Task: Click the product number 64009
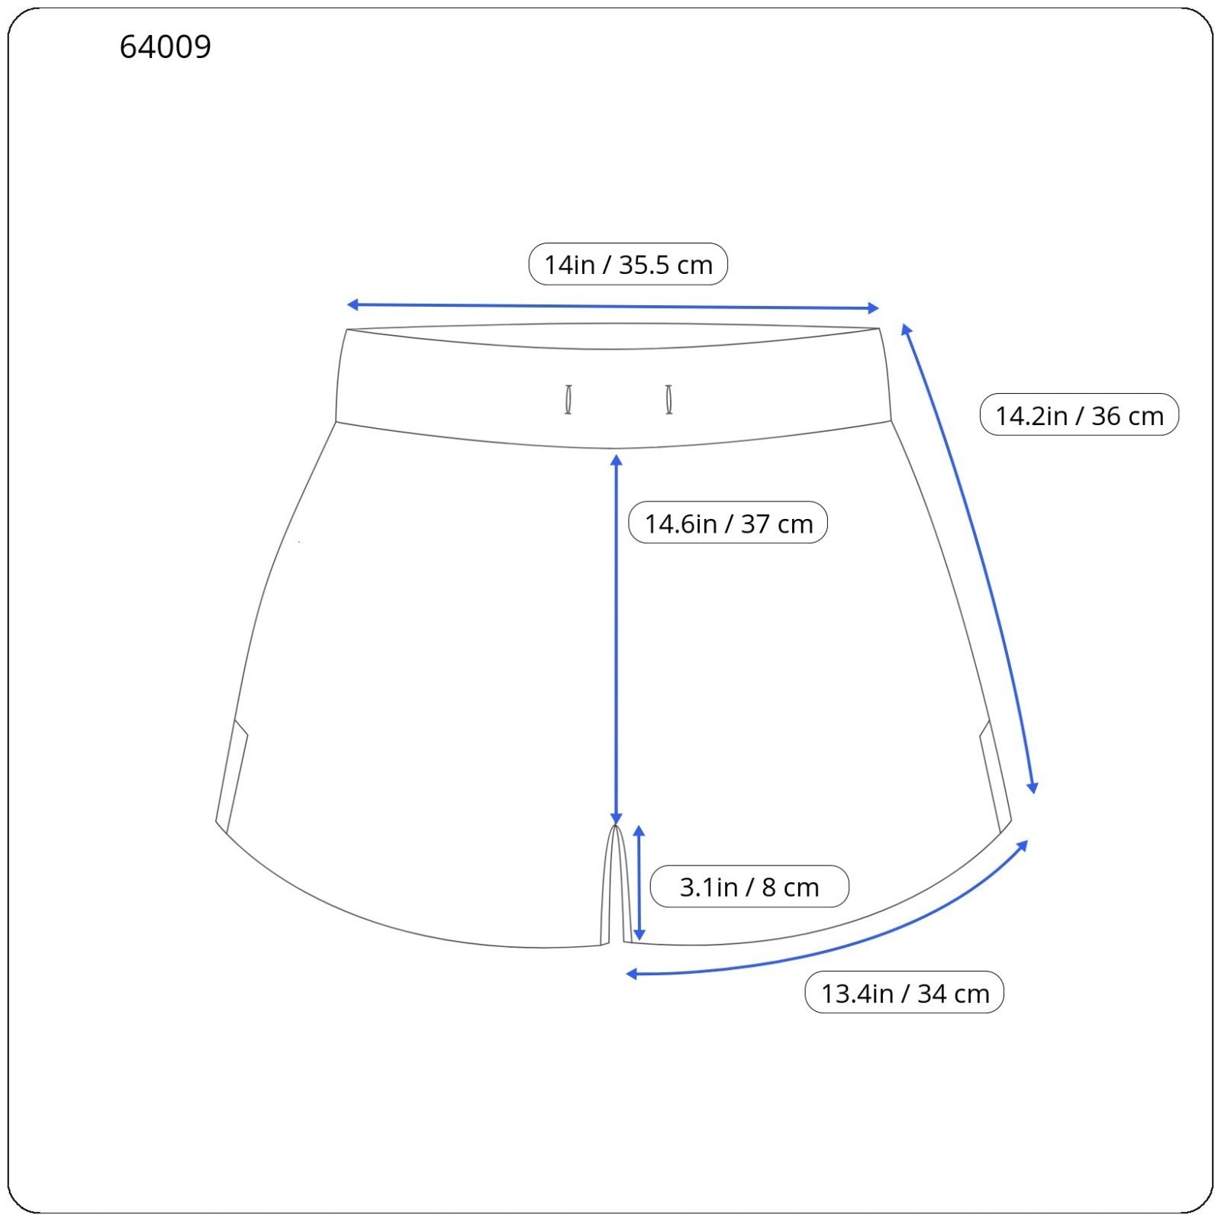tap(165, 47)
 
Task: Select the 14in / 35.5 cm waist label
tap(628, 264)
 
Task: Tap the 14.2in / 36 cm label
tap(1079, 415)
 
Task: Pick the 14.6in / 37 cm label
tap(728, 523)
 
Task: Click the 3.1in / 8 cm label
tap(749, 887)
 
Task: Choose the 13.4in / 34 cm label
tap(904, 993)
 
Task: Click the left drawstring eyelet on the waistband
tap(568, 400)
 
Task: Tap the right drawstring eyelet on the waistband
tap(668, 400)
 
